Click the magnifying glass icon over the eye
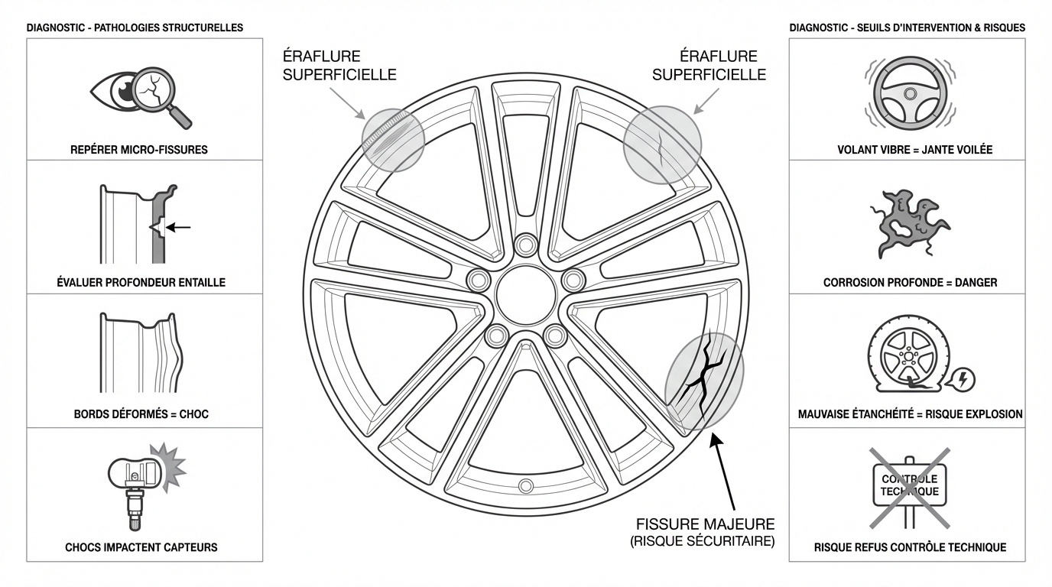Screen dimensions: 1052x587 155,91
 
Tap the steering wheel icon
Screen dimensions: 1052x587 910,94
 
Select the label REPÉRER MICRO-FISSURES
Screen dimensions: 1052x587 139,150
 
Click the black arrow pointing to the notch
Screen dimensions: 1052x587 178,228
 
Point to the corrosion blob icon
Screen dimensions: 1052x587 909,223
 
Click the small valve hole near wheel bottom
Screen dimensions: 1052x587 525,485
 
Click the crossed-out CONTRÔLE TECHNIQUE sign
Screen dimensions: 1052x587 910,488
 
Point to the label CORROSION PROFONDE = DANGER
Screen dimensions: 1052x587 910,283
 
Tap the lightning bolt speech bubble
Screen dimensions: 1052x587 960,379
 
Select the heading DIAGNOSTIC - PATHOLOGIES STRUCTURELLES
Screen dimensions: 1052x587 135,28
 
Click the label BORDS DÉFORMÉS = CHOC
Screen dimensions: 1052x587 141,414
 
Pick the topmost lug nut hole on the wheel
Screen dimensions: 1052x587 525,245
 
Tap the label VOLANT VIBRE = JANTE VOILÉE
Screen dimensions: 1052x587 915,150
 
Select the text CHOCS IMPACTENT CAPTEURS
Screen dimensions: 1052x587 141,547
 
